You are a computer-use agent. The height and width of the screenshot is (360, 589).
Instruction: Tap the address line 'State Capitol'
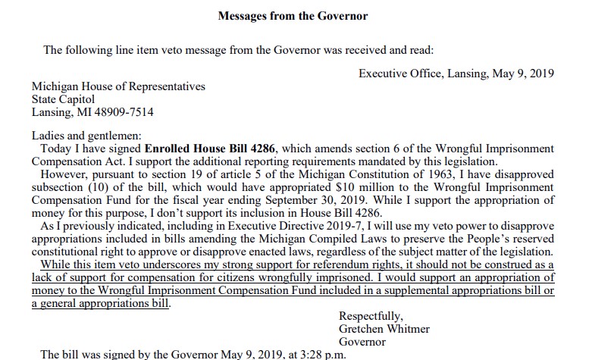pos(63,99)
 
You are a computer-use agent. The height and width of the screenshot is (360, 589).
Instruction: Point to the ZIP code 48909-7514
pos(124,112)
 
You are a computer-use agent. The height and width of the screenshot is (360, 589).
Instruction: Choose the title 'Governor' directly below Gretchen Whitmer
pos(362,342)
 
